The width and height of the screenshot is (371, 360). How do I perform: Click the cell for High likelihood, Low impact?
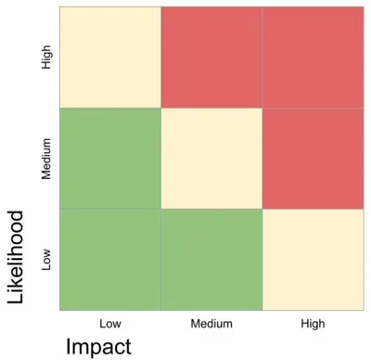click(110, 58)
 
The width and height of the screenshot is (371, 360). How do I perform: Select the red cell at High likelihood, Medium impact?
click(211, 58)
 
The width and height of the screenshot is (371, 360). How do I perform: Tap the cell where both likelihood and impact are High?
click(312, 58)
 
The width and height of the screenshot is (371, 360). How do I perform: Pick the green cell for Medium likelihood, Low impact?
click(110, 159)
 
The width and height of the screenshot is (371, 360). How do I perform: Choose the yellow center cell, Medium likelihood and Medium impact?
click(211, 159)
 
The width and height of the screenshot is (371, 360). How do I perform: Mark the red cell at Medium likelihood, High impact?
click(312, 159)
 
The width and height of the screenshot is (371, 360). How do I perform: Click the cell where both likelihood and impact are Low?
click(110, 259)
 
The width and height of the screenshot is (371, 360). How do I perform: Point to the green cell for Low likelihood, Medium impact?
click(211, 259)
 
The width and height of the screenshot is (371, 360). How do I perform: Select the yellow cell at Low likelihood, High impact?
click(312, 259)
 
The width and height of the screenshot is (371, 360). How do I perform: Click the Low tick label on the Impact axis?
click(110, 324)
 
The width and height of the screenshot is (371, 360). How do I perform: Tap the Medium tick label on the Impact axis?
click(211, 324)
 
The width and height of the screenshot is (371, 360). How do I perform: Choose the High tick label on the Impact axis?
click(313, 324)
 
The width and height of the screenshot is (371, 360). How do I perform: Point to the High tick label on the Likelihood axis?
click(46, 58)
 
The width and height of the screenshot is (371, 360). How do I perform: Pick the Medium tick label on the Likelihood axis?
click(46, 159)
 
